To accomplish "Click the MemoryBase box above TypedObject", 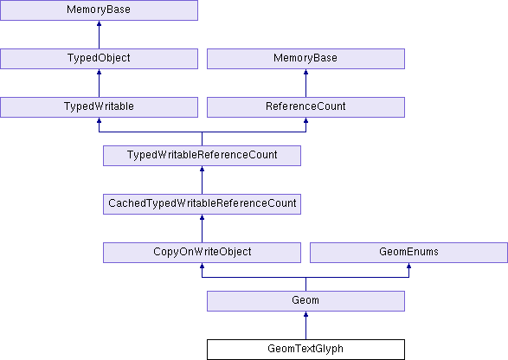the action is point(99,10).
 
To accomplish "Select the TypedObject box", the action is point(99,59).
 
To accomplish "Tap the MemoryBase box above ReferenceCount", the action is point(305,59).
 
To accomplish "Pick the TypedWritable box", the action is point(99,107).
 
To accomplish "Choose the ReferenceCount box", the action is point(305,107).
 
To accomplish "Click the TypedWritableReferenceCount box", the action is point(202,156).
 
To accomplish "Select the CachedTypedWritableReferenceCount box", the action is point(202,204).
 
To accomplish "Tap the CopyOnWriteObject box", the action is point(202,253).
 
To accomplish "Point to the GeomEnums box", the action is point(408,253).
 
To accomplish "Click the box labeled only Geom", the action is point(305,301).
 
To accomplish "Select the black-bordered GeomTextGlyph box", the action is point(305,350).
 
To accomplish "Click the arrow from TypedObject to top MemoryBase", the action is point(99,35).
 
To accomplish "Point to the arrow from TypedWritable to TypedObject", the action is point(99,83).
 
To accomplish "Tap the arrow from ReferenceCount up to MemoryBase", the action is point(305,83).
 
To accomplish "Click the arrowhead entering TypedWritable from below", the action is point(99,120).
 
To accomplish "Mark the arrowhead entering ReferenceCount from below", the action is point(305,120).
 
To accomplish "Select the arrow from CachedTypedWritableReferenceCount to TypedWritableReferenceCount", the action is point(202,180).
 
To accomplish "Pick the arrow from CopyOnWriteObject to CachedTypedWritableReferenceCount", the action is point(202,228).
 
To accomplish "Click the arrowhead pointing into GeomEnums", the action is point(408,266).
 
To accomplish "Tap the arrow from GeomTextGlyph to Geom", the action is point(305,325).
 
